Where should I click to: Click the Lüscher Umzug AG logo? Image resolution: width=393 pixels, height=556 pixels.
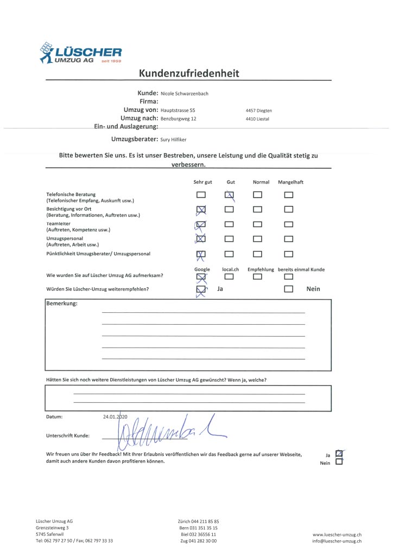pos(80,53)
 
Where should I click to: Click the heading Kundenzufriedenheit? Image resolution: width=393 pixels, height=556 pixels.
pos(188,73)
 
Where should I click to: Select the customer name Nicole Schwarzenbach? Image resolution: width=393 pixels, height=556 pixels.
pos(185,93)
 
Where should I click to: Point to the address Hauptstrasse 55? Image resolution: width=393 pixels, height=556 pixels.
pos(178,110)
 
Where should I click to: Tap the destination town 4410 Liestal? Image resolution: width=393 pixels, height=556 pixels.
pos(257,119)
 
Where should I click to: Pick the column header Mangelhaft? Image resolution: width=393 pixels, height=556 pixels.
pos(290,182)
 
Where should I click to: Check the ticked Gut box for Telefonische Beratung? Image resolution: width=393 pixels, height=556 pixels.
pos(230,195)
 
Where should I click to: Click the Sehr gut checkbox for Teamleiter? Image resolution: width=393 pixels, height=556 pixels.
pos(201,224)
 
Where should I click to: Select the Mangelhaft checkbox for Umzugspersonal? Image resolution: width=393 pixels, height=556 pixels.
pos(289,238)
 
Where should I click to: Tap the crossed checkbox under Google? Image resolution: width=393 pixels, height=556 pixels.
pos(201,277)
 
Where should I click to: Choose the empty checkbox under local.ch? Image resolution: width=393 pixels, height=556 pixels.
pos(230,277)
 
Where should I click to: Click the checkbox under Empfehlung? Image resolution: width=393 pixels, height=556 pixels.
pos(258,277)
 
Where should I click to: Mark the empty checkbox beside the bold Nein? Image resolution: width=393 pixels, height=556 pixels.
pos(289,289)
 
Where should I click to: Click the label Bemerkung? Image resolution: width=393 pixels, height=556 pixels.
pos(62,303)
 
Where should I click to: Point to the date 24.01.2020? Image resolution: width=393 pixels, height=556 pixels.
pos(115,417)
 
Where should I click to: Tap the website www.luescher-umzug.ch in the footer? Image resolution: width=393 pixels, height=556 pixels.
pos(337,535)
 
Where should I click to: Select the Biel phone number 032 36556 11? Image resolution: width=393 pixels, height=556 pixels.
pos(198,534)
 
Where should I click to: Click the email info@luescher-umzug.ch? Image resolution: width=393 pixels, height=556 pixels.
pos(337,541)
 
